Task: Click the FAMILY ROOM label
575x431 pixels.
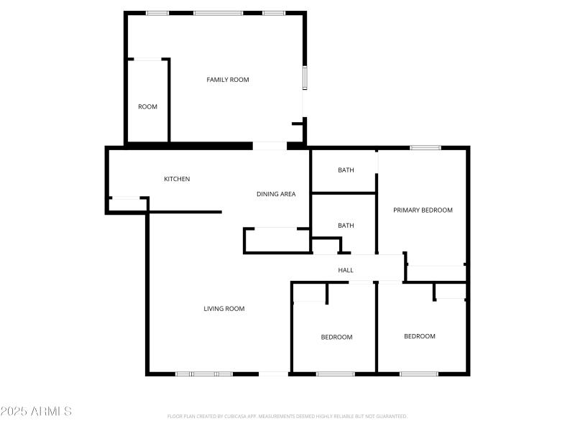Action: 228,80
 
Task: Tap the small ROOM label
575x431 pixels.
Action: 147,107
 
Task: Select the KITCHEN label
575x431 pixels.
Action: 177,179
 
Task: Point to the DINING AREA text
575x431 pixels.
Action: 276,194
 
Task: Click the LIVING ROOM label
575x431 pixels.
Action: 224,309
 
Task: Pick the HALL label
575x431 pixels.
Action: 346,270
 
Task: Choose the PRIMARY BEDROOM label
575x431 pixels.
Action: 423,210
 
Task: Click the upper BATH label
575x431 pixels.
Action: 346,170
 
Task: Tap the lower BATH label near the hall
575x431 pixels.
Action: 346,226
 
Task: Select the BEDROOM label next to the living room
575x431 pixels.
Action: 336,337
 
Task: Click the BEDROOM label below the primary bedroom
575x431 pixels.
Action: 420,336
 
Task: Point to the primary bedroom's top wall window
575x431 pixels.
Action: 425,148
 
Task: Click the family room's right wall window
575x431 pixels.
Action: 305,77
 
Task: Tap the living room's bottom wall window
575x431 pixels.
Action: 204,374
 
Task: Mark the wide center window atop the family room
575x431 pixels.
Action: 218,13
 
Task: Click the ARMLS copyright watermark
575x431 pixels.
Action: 36,412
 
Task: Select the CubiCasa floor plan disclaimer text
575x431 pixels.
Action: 287,416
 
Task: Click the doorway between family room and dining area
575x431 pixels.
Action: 270,146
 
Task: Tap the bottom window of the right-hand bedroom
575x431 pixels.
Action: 419,374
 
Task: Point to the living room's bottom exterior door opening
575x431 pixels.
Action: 273,374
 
